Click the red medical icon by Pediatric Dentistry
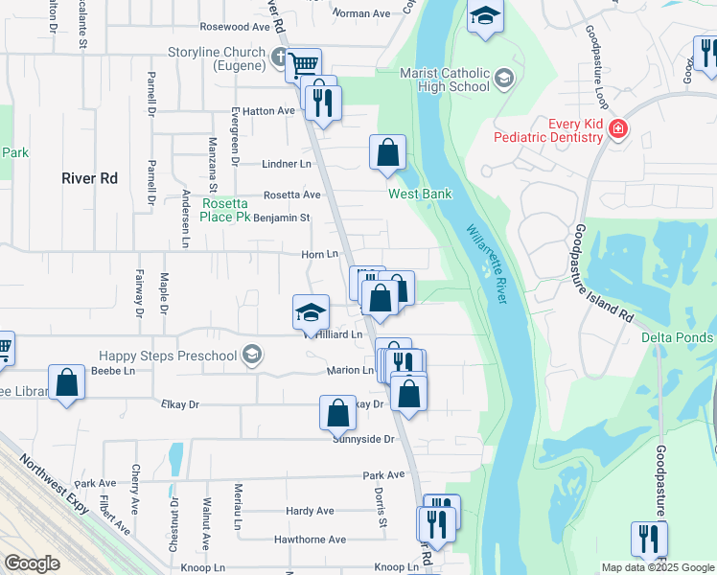[x=619, y=128]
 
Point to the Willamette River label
[x=486, y=264]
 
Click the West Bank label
[x=420, y=195]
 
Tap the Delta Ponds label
[x=678, y=337]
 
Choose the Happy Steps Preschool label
[x=166, y=356]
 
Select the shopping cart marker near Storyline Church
[x=303, y=64]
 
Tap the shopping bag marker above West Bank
[x=387, y=151]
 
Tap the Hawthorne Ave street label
[x=310, y=540]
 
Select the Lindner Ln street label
[x=288, y=165]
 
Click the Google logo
[x=33, y=563]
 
